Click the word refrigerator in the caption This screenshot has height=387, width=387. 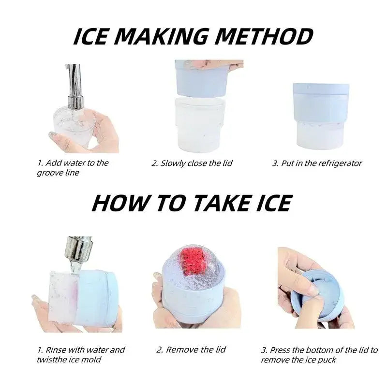tap(334, 164)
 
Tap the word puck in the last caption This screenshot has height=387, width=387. tap(327, 360)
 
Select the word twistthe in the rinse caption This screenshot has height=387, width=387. tap(50, 359)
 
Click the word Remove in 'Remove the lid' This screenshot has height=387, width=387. tap(179, 350)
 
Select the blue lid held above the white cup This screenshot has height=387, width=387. tap(201, 78)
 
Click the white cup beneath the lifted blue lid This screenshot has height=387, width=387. tap(200, 125)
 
